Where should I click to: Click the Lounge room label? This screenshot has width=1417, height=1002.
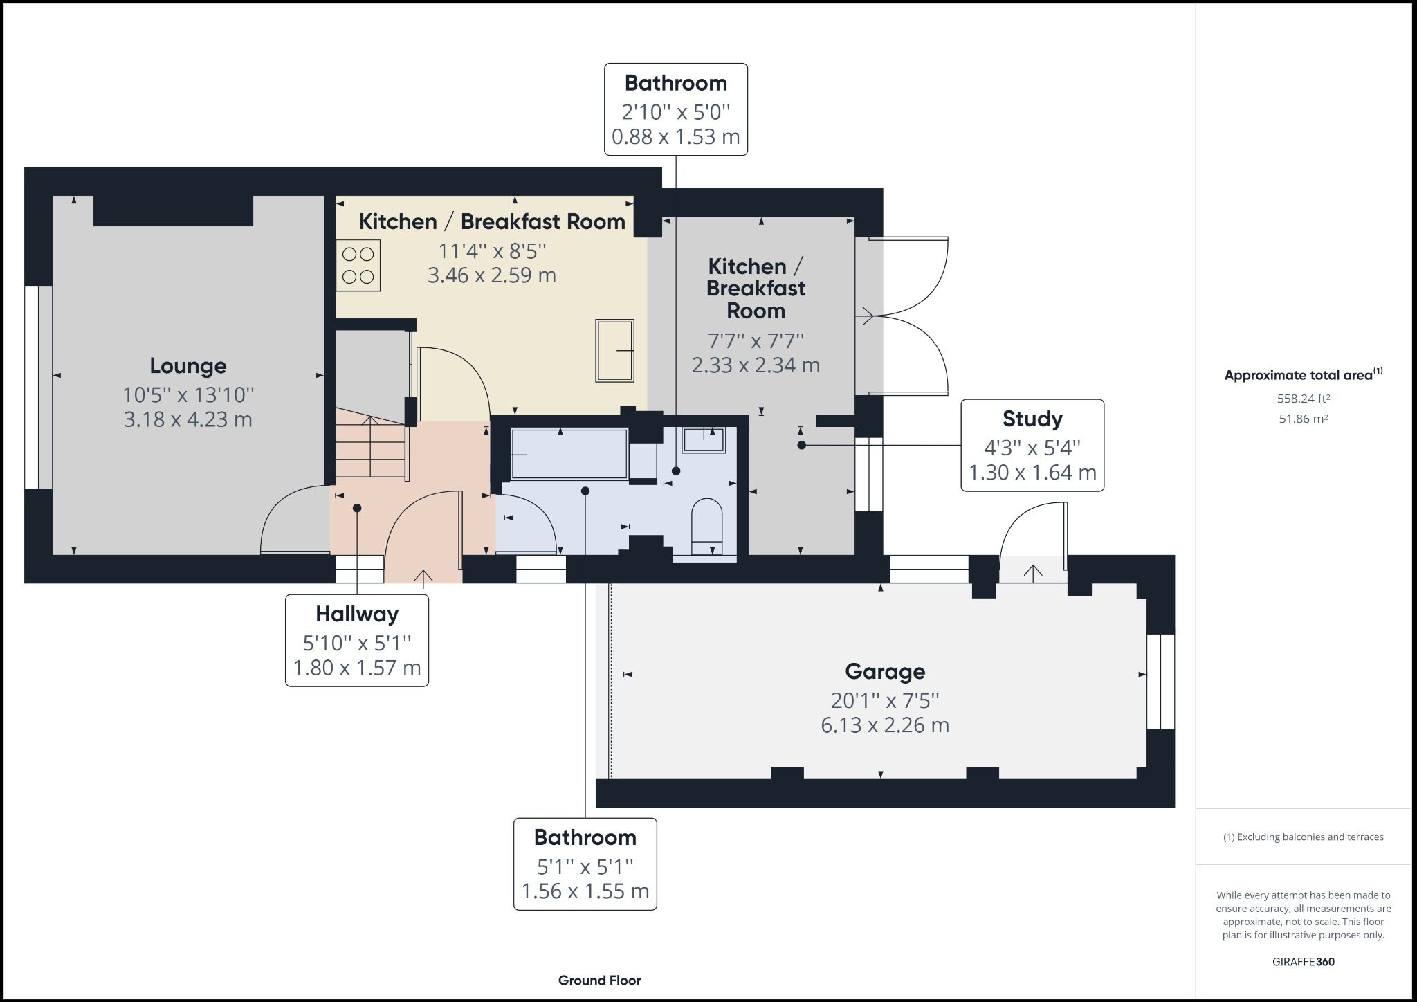point(188,366)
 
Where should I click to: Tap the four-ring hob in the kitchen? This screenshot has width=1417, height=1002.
point(358,265)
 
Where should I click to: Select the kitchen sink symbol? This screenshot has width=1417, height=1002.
point(614,350)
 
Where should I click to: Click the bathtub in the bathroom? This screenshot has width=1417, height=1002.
point(569,454)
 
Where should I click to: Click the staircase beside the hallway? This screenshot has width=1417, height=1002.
point(370,446)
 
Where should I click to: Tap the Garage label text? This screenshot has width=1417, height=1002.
point(884,671)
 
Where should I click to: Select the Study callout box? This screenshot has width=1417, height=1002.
point(1032,445)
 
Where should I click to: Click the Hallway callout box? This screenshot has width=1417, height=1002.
point(357,640)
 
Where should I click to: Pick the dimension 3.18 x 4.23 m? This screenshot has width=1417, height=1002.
point(188,419)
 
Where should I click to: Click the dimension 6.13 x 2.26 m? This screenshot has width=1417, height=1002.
point(884,725)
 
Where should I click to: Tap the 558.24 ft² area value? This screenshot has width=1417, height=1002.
point(1304,399)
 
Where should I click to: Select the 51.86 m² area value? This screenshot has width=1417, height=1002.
point(1304,419)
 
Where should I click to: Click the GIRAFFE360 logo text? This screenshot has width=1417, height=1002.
point(1304,962)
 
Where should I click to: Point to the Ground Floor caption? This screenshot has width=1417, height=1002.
point(599,981)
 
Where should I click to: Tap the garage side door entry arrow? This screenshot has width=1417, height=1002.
point(1032,572)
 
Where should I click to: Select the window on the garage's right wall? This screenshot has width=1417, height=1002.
point(1161,682)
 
